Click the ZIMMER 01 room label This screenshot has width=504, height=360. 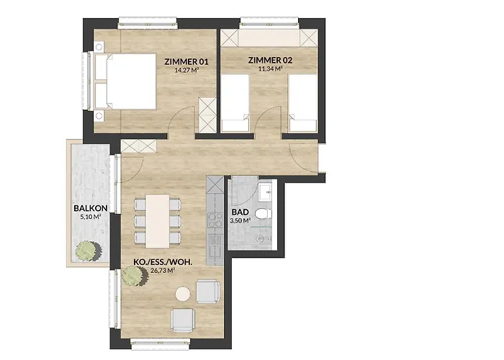pyautogui.click(x=186, y=60)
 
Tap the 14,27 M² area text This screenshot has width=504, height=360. pyautogui.click(x=186, y=71)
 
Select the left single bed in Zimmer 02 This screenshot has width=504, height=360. pyautogui.click(x=235, y=104)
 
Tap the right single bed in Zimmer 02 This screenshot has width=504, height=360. pyautogui.click(x=302, y=104)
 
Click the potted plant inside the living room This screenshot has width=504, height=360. pyautogui.click(x=132, y=274)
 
